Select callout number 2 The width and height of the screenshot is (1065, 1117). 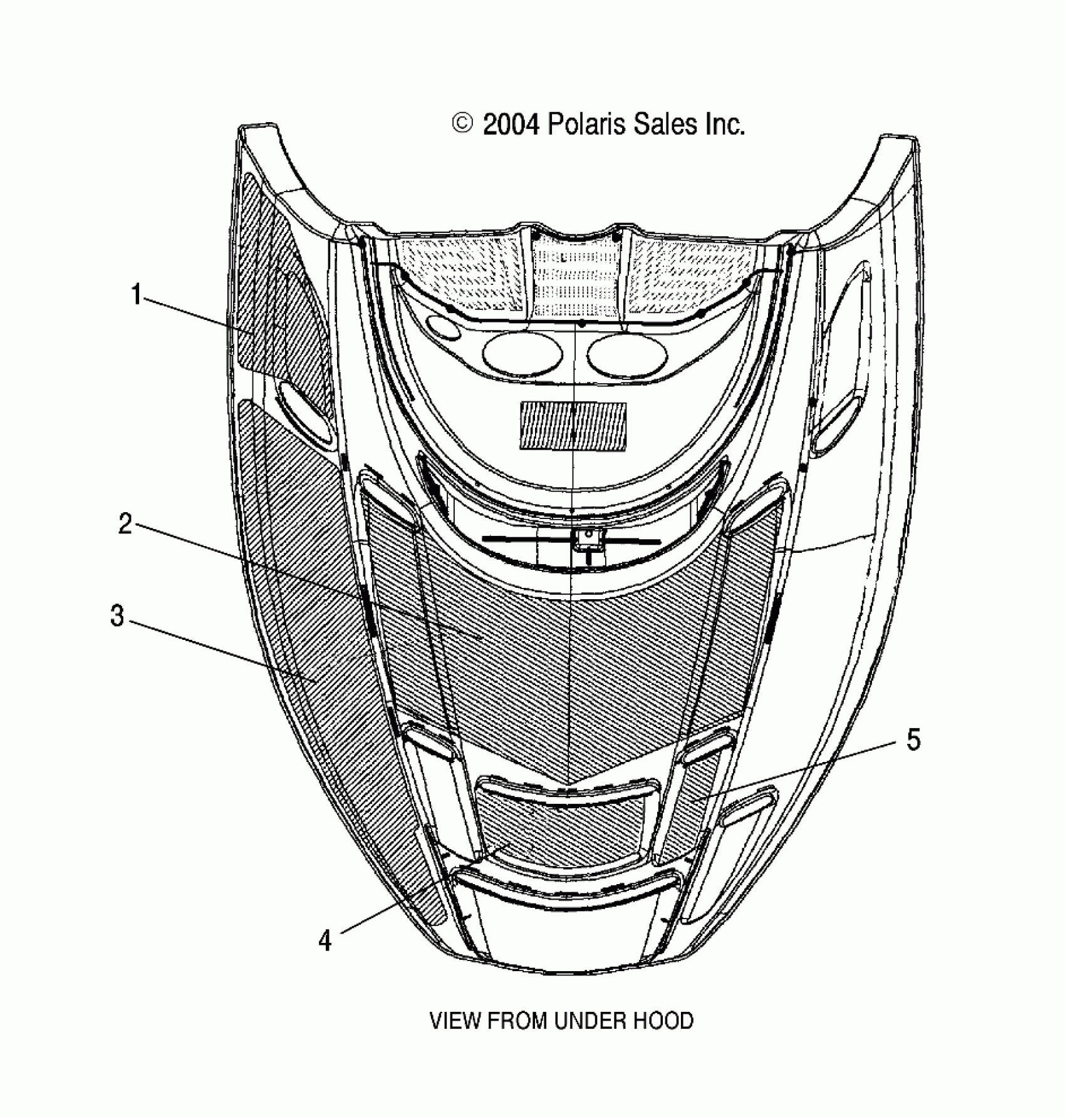(x=125, y=523)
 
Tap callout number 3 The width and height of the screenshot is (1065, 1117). (x=117, y=616)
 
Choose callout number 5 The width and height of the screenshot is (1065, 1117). (x=913, y=740)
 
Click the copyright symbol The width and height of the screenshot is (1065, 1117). (x=462, y=124)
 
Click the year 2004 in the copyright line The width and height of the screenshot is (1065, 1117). (x=511, y=125)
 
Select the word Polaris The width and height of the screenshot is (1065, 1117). (x=587, y=125)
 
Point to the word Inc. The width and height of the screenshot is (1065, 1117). (x=725, y=125)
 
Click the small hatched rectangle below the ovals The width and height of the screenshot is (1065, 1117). (x=573, y=425)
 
